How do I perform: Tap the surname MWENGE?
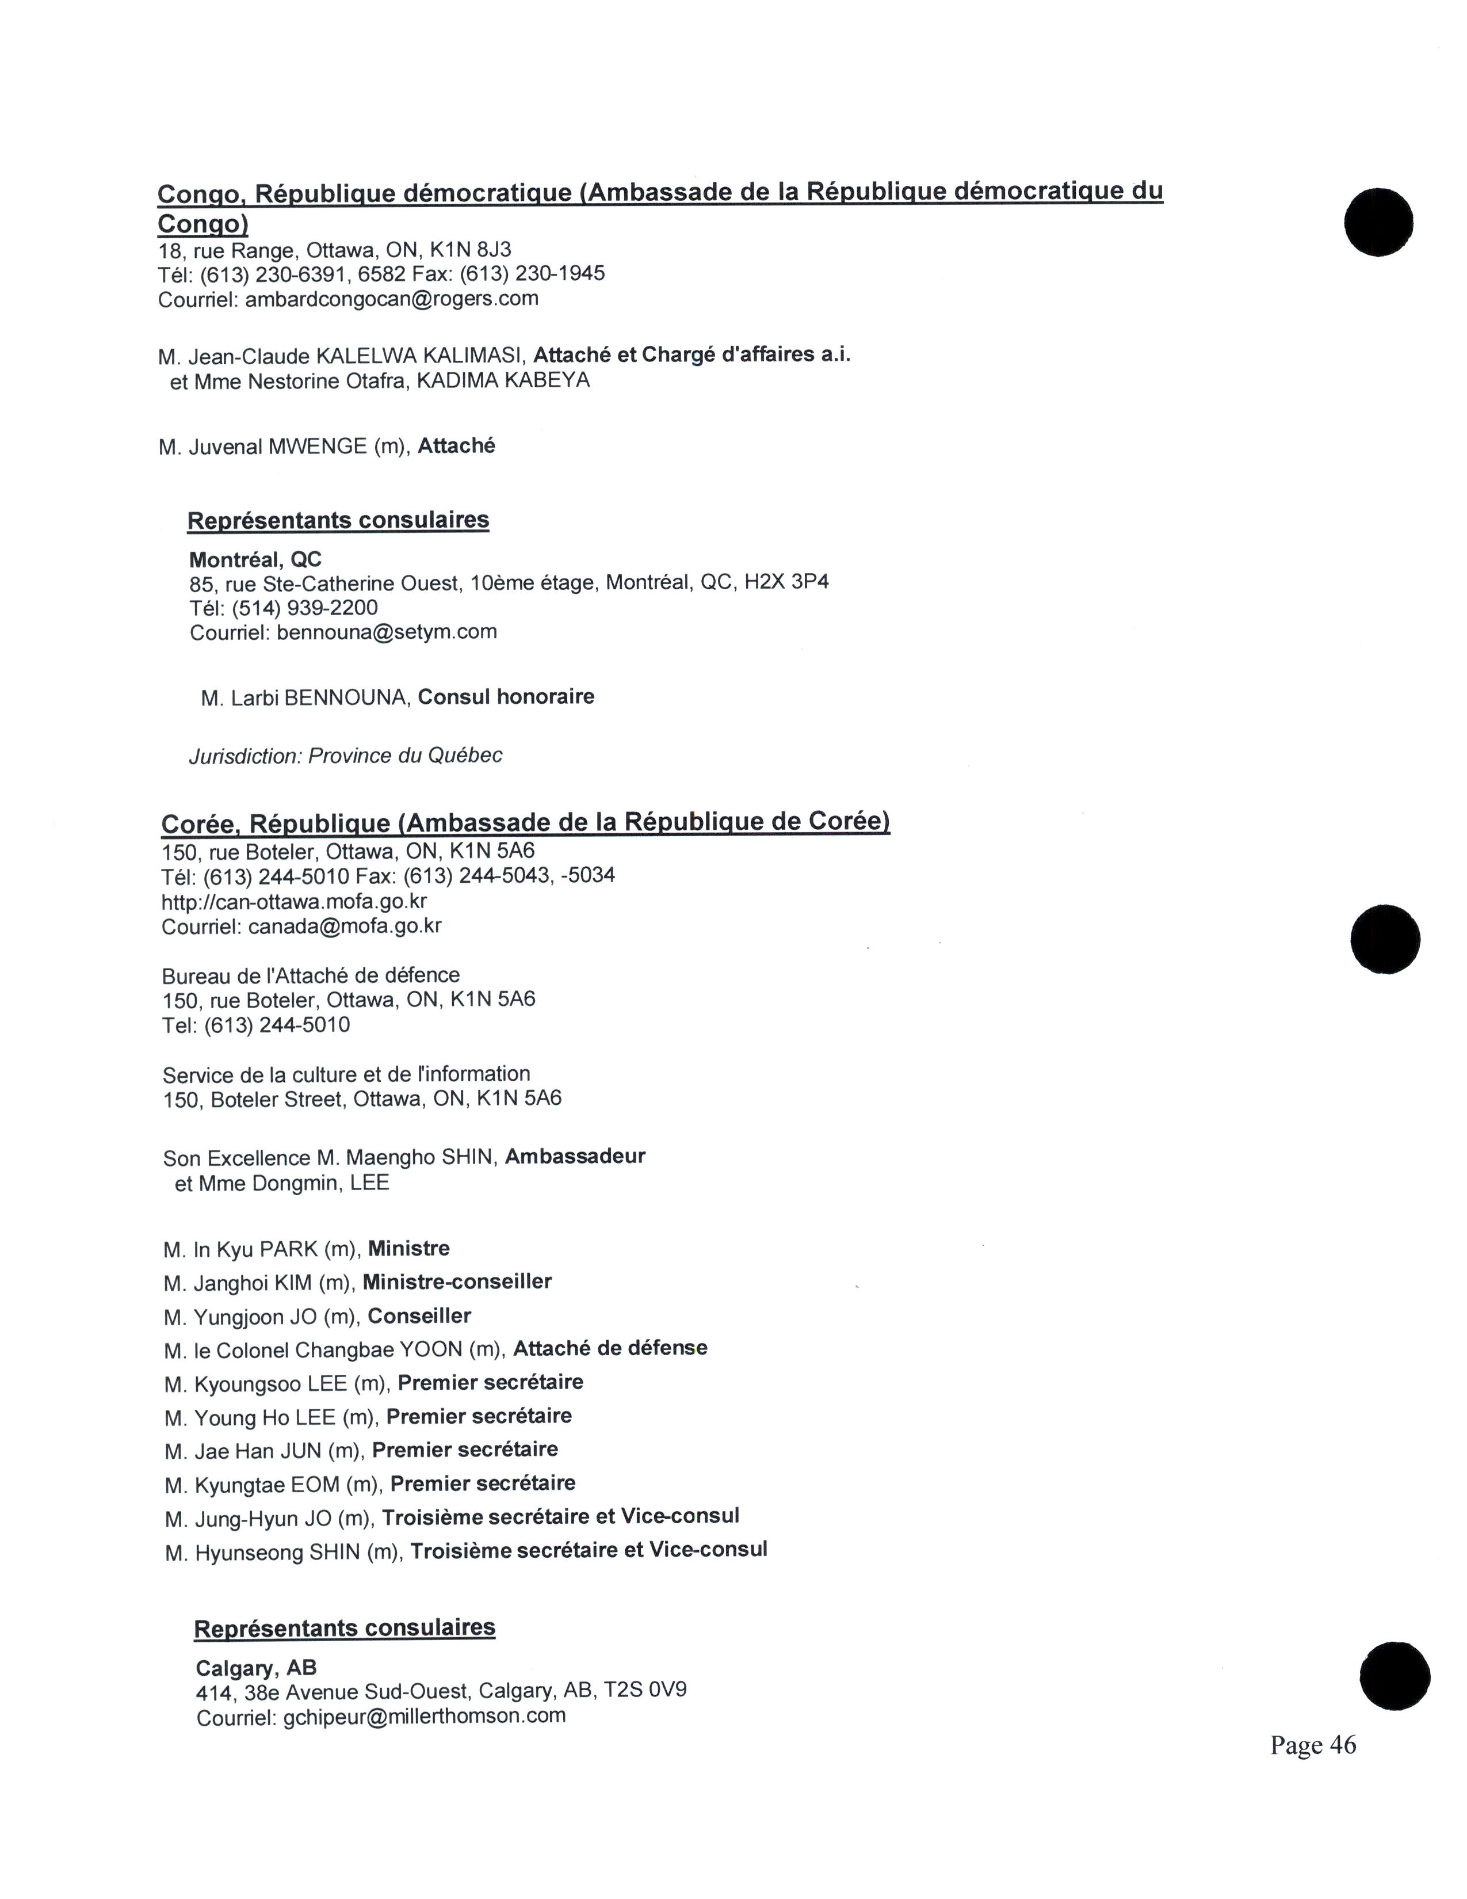(317, 447)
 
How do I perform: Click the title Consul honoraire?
(506, 696)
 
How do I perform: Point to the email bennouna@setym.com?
(387, 632)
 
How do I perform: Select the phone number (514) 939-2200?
(304, 607)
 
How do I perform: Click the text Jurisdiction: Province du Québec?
(345, 756)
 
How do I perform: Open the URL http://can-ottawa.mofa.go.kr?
(294, 901)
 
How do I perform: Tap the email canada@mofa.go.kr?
(344, 926)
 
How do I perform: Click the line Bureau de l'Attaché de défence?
(310, 975)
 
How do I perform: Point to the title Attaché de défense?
(610, 1349)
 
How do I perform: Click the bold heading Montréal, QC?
(255, 559)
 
